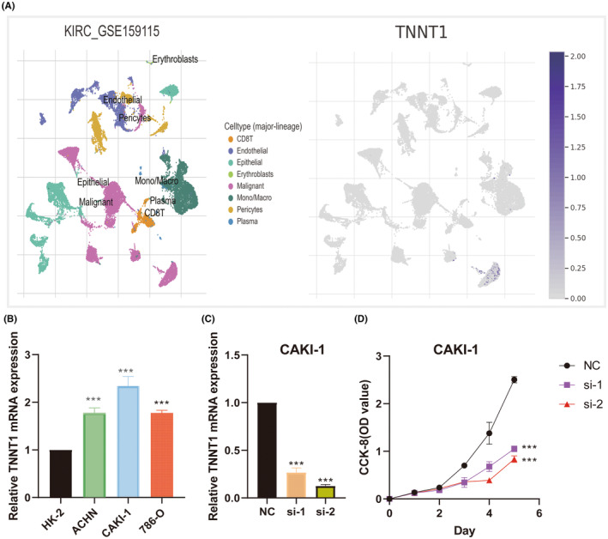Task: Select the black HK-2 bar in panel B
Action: coord(62,473)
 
